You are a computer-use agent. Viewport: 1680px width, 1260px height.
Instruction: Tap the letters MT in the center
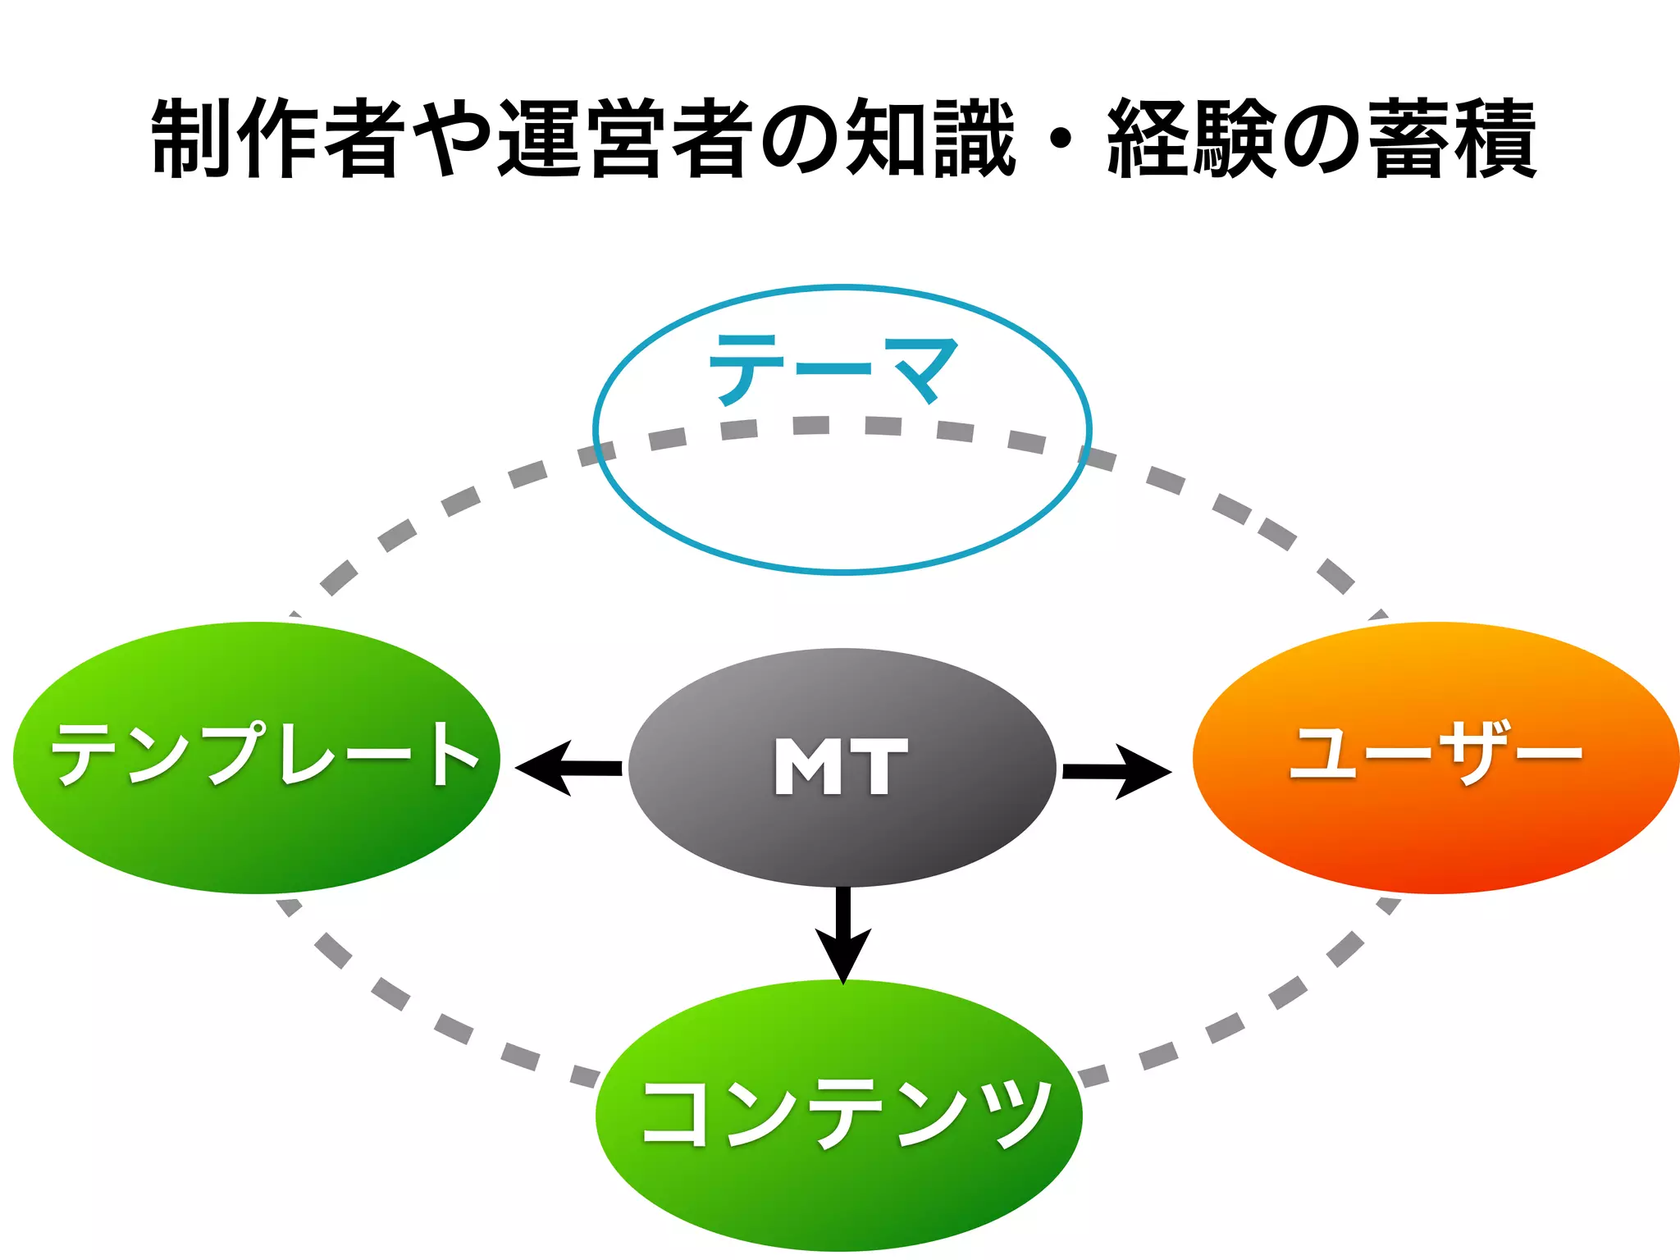pos(842,766)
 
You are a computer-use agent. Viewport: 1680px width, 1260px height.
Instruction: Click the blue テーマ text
pos(833,370)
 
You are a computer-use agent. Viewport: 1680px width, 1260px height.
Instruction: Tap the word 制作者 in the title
pos(279,138)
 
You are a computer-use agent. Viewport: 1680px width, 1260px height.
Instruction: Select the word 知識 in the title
pos(930,138)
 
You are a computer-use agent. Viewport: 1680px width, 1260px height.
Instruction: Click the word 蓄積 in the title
pos(1452,138)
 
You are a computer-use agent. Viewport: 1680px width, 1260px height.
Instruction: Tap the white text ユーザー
pos(1436,753)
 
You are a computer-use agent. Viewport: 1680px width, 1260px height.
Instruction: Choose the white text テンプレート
pos(264,753)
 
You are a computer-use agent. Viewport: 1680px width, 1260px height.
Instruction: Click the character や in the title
pos(452,138)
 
